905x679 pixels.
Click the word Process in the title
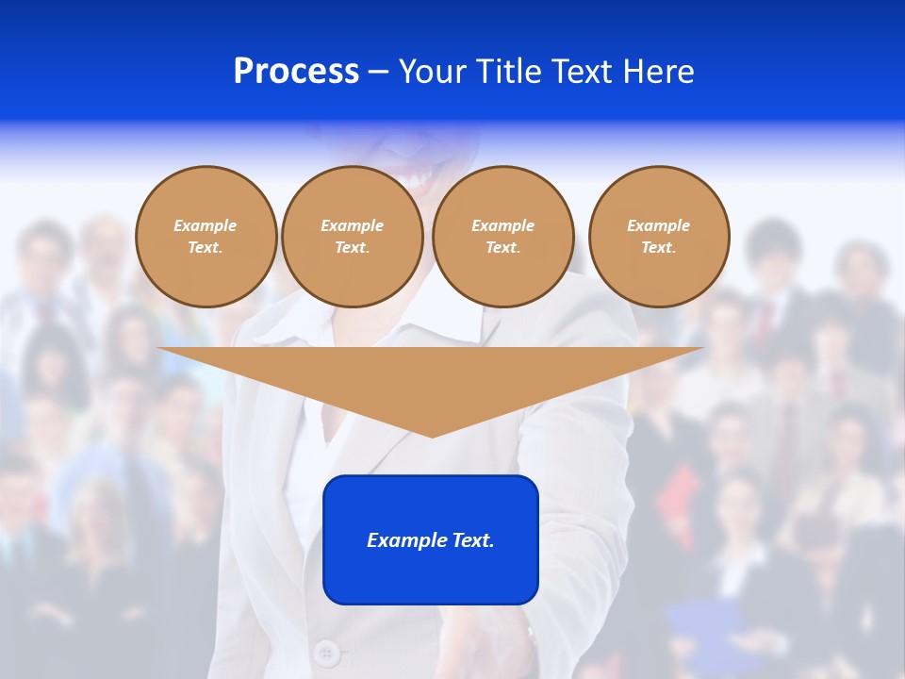point(296,72)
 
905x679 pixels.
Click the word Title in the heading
point(509,72)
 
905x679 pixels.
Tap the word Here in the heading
point(658,72)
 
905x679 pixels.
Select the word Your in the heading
point(433,72)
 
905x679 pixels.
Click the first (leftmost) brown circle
point(206,237)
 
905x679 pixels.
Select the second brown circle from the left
point(352,237)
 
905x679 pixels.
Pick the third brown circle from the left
point(502,237)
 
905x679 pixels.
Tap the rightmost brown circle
point(658,237)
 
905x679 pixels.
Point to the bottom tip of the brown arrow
point(431,435)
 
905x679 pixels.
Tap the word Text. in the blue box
point(474,540)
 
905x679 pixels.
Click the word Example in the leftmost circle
point(206,225)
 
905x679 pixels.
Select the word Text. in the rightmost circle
point(658,248)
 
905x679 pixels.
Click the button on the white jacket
point(326,652)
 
